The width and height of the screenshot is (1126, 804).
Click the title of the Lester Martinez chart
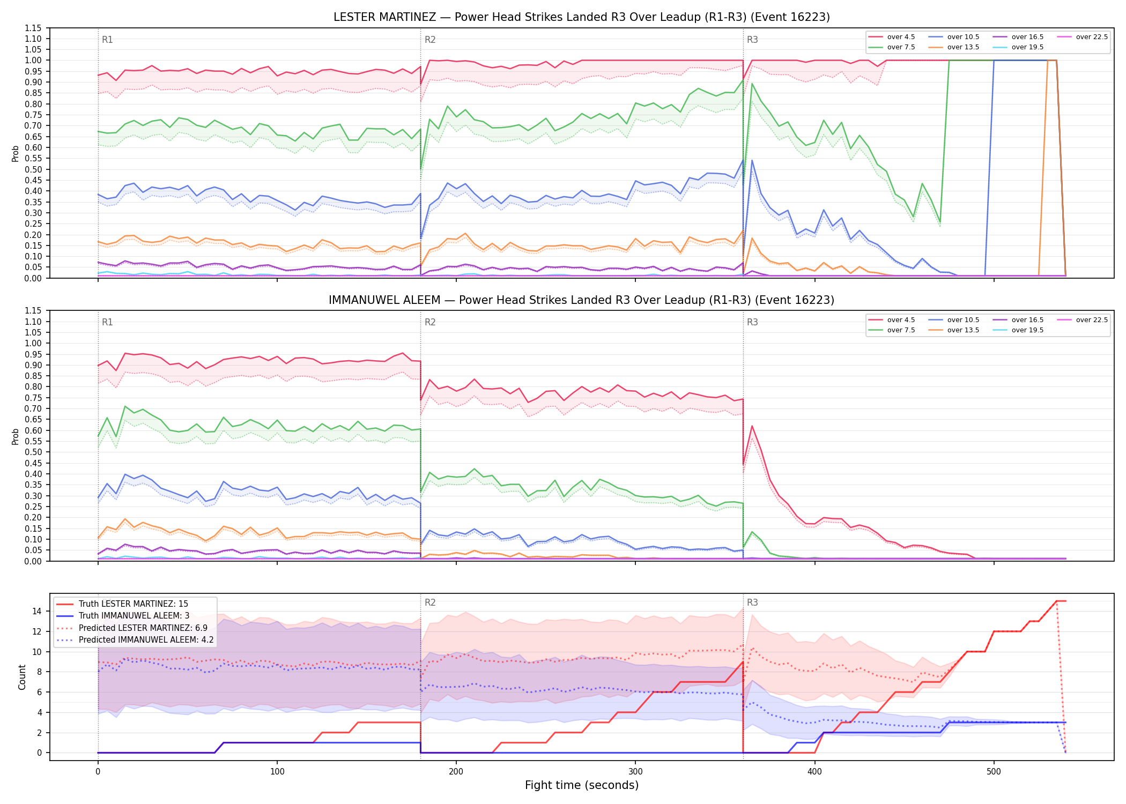click(581, 17)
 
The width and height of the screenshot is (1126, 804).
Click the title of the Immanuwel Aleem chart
click(581, 300)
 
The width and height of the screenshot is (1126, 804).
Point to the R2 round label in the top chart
click(430, 40)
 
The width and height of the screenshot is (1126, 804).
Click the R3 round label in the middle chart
click(752, 322)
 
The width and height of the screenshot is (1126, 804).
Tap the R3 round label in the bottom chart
click(752, 602)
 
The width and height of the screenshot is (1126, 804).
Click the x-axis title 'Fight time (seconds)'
click(582, 785)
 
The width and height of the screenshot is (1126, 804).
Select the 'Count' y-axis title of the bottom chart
click(22, 677)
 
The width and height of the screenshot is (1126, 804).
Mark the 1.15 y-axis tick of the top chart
click(33, 28)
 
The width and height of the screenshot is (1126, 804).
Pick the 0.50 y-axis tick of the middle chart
click(33, 452)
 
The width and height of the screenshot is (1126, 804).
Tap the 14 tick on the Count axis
click(37, 611)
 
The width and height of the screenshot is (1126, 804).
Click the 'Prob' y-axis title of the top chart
click(16, 154)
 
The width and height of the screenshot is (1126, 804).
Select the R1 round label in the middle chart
click(107, 322)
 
